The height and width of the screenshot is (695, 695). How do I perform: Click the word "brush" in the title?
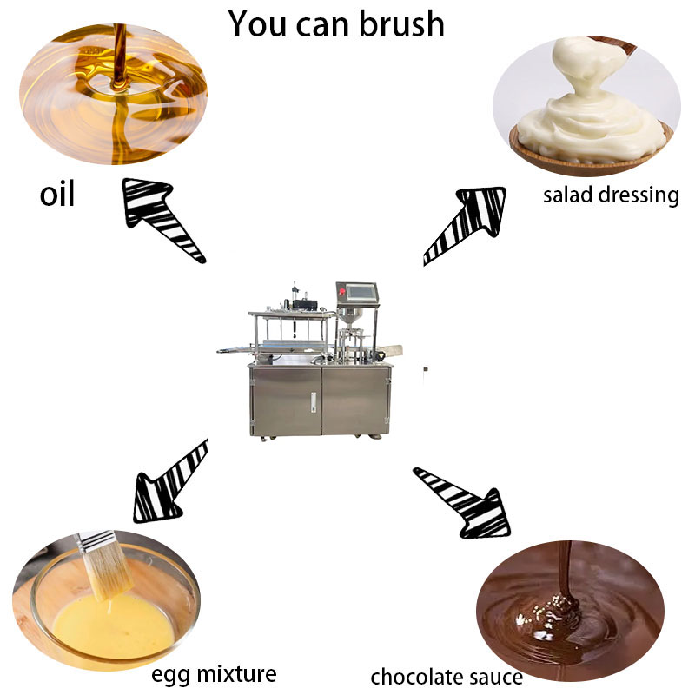(x=401, y=24)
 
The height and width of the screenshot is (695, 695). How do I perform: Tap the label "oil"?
(x=57, y=194)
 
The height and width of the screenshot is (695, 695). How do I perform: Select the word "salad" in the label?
(x=568, y=195)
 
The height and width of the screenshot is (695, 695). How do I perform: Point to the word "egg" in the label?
(x=171, y=676)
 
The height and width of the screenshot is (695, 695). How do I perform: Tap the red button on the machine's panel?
(x=341, y=291)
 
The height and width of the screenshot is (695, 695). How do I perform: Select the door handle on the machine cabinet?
(x=314, y=402)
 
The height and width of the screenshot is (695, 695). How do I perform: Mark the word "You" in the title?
(x=257, y=24)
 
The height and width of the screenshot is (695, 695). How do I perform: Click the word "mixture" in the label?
(x=237, y=674)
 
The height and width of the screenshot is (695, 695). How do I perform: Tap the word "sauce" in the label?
(x=490, y=678)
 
